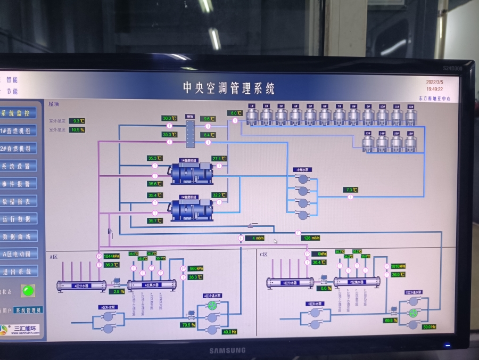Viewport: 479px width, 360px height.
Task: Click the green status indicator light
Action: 28,291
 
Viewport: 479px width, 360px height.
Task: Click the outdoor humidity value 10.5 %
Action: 77,129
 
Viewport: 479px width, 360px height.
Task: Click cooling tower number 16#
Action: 410,142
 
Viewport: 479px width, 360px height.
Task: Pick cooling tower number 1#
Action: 252,115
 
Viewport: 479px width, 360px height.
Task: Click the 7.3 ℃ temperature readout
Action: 350,190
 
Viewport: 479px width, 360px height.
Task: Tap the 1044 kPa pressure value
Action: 111,256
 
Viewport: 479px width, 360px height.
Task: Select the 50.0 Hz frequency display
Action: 428,326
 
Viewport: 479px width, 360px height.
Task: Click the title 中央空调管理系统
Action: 229,88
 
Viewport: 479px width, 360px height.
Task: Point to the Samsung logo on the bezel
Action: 227,350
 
